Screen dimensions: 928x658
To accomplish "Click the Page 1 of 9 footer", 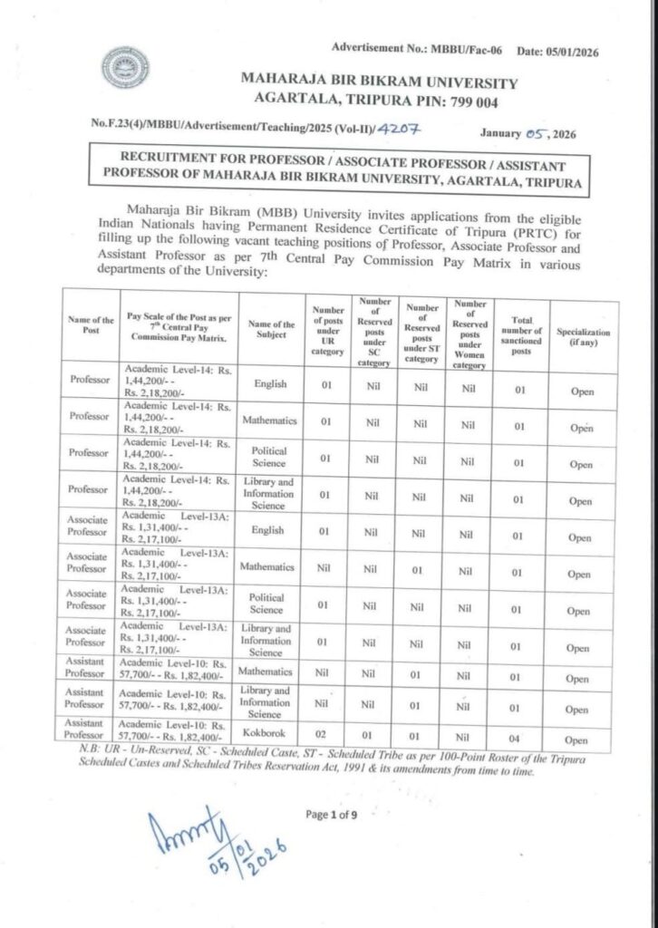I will click(x=333, y=815).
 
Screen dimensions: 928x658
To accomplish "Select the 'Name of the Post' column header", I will click(x=91, y=325).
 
